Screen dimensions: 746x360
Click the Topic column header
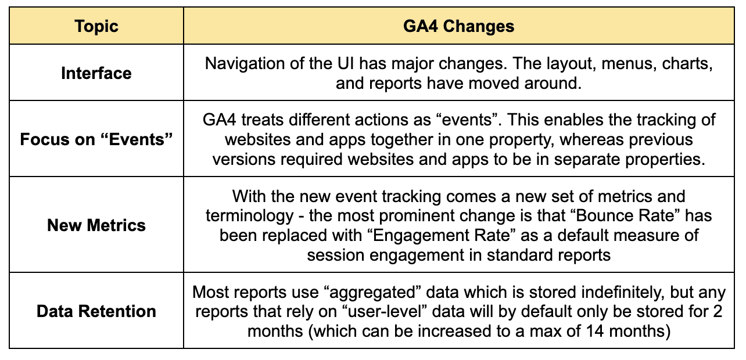[96, 26]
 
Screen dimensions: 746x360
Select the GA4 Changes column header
[458, 26]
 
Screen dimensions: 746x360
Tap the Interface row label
[96, 73]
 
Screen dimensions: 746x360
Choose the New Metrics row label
[96, 225]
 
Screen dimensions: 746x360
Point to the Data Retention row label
[96, 311]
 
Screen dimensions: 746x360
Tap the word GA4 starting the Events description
[220, 120]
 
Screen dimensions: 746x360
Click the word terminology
[249, 216]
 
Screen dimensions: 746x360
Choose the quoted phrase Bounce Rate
[625, 215]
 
